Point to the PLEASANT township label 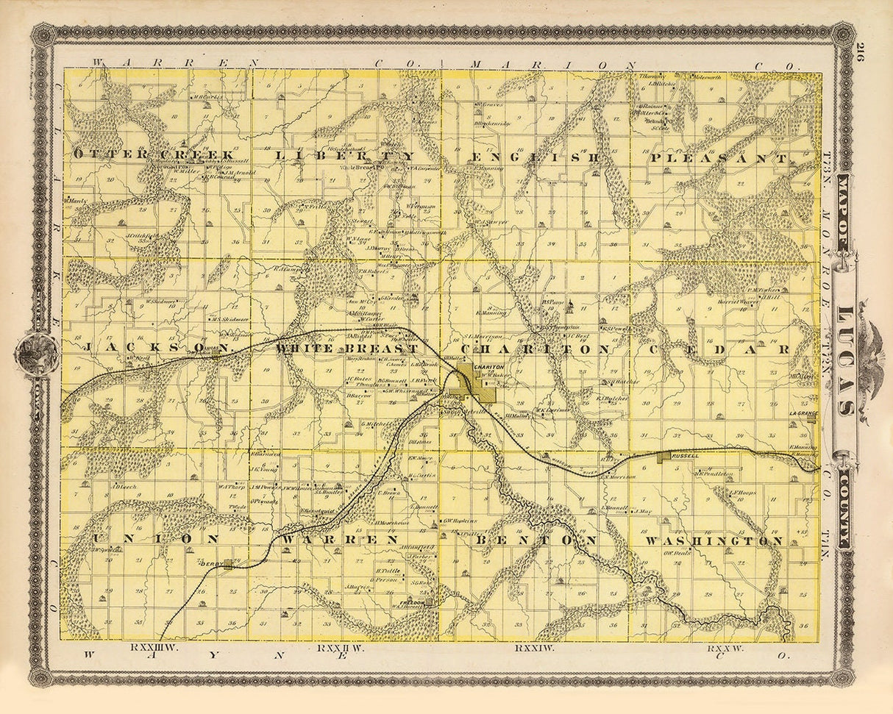click(x=718, y=158)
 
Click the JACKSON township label click(x=143, y=347)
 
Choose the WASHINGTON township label click(x=713, y=541)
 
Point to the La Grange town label click(x=803, y=413)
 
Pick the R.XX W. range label click(x=725, y=649)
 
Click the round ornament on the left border click(x=37, y=355)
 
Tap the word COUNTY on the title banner click(x=846, y=507)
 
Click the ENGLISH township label click(x=535, y=157)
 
